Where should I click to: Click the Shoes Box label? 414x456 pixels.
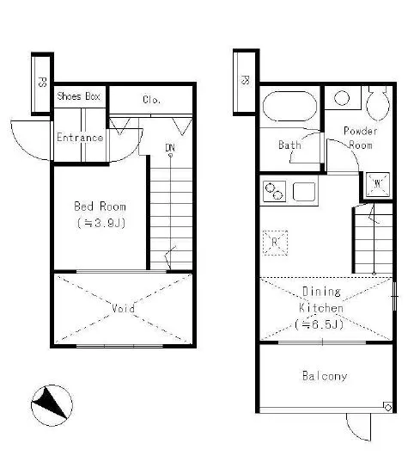click(78, 96)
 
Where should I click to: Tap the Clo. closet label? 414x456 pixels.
click(151, 100)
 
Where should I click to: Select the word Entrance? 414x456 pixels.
click(80, 138)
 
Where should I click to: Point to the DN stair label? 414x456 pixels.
click(170, 148)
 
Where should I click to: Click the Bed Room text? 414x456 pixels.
click(100, 206)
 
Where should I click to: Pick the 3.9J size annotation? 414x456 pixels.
click(101, 224)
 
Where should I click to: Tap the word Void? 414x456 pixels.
click(123, 308)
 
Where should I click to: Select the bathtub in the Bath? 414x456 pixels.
click(289, 107)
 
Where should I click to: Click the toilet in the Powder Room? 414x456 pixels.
click(378, 103)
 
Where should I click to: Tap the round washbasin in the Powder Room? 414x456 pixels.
click(342, 98)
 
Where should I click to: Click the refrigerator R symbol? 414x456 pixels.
click(275, 243)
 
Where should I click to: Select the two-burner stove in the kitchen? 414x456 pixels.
click(274, 191)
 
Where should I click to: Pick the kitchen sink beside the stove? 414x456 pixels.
click(304, 192)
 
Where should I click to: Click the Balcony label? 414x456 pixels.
click(325, 376)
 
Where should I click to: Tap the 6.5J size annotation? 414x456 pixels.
click(319, 324)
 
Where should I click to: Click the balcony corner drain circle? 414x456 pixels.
click(388, 408)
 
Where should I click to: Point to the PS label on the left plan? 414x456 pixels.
click(42, 82)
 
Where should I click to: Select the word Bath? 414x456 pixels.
click(289, 145)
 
